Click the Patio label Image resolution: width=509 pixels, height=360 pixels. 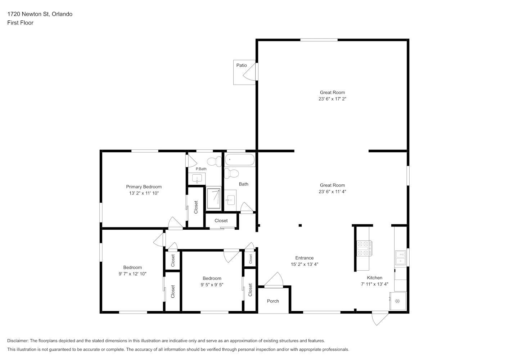(241, 66)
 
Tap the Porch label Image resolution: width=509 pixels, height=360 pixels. (273, 301)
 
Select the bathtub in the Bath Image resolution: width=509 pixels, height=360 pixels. (240, 159)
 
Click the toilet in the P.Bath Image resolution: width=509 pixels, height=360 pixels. (214, 161)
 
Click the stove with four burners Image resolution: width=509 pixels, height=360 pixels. (364, 248)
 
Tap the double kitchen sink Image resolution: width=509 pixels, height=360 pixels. (401, 258)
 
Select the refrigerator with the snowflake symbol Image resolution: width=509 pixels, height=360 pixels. (398, 301)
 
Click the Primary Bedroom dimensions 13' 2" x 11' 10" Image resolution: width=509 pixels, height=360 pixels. (144, 193)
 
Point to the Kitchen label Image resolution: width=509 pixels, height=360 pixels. (374, 278)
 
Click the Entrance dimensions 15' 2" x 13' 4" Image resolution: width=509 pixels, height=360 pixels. (305, 264)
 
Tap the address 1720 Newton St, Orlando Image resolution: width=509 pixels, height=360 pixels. (40, 14)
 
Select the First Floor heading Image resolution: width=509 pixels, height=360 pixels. (20, 23)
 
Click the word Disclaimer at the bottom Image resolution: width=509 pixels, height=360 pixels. (18, 341)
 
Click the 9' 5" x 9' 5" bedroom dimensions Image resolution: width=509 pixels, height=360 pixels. (212, 285)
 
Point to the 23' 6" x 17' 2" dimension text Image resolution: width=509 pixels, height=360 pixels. (332, 99)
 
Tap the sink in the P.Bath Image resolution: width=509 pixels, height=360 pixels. (197, 179)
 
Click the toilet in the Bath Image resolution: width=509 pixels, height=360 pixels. (231, 174)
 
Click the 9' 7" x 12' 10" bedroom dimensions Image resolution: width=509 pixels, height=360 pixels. (132, 274)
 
